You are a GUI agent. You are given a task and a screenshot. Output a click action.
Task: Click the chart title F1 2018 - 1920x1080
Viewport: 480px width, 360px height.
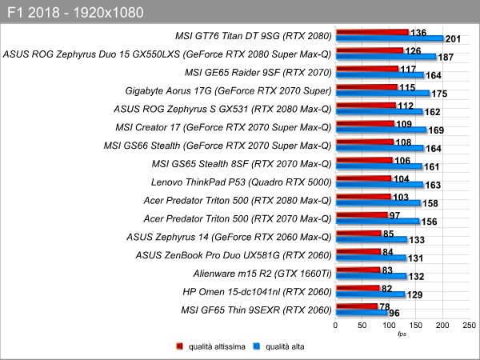(75, 13)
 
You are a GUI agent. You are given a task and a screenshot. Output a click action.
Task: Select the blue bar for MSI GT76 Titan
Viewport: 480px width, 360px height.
(390, 38)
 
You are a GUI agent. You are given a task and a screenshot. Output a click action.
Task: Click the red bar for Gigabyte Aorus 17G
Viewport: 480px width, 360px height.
(366, 87)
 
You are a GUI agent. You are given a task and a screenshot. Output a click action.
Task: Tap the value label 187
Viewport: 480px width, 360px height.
(446, 58)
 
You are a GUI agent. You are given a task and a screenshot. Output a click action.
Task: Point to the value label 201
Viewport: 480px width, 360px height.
(453, 39)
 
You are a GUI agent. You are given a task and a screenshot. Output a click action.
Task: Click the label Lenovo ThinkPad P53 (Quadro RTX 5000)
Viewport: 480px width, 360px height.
(242, 182)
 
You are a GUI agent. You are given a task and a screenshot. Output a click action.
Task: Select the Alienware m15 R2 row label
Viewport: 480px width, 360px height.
(262, 274)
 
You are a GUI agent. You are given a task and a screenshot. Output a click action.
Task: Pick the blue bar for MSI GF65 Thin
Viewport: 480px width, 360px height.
(362, 313)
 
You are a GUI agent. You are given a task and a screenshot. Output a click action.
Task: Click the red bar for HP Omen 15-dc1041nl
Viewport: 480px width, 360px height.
(358, 288)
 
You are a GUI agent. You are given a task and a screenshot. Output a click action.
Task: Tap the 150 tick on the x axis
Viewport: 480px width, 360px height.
(416, 325)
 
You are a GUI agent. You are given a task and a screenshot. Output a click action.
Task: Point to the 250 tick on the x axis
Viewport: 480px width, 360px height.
(470, 325)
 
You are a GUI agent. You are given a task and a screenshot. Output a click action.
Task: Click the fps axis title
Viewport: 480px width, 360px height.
(402, 334)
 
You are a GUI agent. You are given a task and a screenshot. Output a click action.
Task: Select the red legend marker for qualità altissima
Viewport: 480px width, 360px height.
(179, 346)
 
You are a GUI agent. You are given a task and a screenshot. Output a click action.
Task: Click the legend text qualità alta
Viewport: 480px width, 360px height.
(285, 346)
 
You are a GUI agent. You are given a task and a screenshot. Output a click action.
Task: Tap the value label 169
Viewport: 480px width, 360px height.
(436, 130)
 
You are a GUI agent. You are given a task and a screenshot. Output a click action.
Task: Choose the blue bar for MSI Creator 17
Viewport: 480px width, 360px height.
(381, 130)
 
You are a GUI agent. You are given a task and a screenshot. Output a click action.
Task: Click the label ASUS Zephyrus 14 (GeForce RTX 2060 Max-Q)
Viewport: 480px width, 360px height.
(229, 237)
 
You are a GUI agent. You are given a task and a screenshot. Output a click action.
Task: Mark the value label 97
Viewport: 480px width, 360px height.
(394, 215)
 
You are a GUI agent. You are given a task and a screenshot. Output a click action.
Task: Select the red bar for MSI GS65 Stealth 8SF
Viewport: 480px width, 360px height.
(364, 160)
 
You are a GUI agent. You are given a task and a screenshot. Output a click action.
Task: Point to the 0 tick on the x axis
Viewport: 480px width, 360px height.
(335, 325)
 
